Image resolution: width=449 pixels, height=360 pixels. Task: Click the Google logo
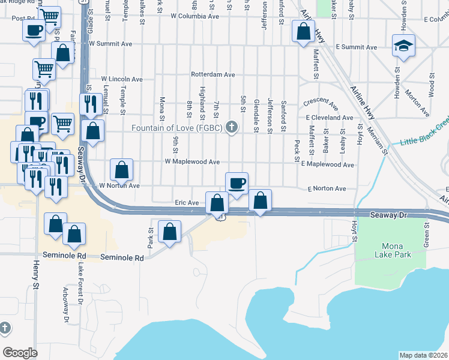20,352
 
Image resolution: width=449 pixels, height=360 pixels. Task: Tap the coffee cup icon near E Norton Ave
237,183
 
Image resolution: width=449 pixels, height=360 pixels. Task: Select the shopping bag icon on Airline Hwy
304,31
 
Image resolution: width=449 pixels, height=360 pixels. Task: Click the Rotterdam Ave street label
212,75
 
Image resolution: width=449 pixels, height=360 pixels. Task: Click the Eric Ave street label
186,203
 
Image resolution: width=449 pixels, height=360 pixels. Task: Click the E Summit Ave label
356,47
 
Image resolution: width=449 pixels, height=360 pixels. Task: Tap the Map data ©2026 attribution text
423,355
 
